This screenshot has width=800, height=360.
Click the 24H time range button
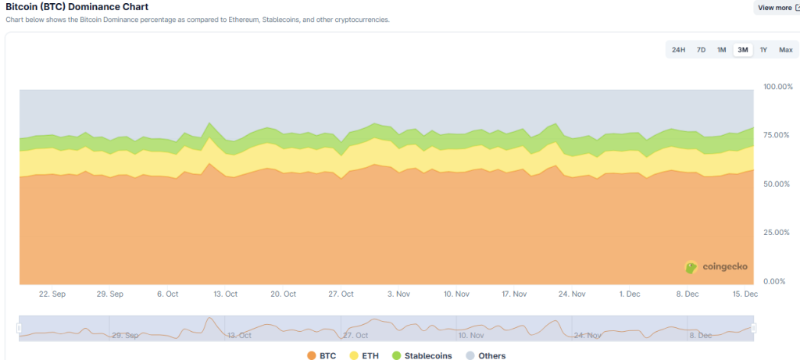point(678,50)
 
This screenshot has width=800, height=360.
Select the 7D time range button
point(701,50)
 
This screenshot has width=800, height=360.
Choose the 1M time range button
point(721,50)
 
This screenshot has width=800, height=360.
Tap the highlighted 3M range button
point(742,50)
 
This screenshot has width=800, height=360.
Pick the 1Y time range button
point(763,50)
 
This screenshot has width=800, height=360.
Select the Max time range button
point(785,50)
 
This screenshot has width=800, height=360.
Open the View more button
point(776,8)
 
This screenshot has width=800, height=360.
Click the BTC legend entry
point(322,355)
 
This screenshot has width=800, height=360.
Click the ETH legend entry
point(366,355)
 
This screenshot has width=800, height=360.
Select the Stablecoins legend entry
point(421,355)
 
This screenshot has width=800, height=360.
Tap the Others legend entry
point(485,355)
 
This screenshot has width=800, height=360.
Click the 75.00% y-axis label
point(777,135)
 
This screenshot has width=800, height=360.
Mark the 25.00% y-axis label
point(777,233)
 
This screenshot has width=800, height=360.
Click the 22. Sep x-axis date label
point(52,294)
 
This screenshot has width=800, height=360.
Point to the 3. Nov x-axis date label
point(398,294)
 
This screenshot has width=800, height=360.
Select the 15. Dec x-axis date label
point(745,294)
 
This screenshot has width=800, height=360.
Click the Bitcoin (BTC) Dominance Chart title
point(77,6)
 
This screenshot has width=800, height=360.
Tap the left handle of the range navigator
point(19,328)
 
